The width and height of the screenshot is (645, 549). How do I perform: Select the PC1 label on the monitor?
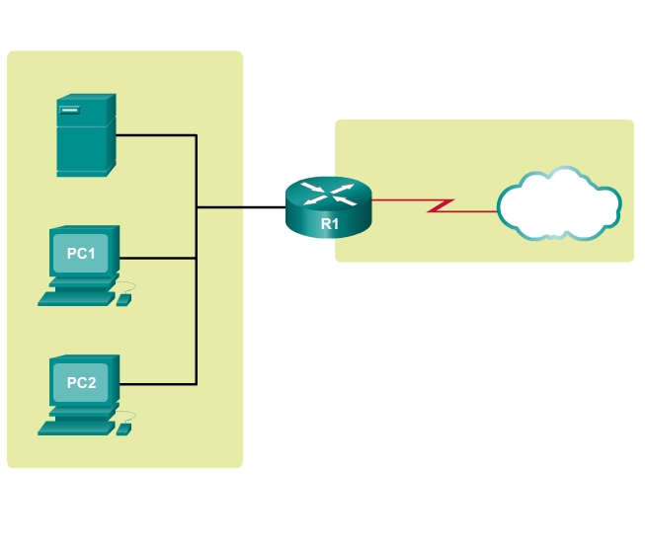click(81, 254)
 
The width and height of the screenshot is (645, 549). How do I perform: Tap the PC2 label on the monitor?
click(81, 382)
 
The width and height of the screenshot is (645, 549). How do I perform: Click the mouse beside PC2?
click(123, 430)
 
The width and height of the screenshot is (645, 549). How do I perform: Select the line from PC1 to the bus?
click(158, 258)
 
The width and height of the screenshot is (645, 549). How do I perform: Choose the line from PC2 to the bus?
click(158, 383)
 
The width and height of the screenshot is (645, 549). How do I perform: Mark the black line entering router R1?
click(242, 207)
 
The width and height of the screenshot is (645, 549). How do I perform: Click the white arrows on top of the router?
click(328, 194)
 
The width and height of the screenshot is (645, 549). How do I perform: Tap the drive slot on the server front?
click(68, 111)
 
